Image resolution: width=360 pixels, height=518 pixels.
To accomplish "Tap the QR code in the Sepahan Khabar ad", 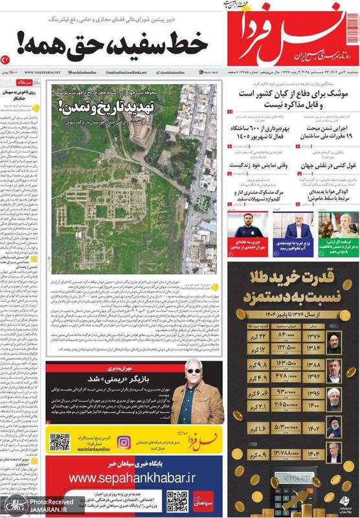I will (x=177, y=501).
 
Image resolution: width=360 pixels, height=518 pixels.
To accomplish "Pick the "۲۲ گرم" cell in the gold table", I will (x=245, y=337).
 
